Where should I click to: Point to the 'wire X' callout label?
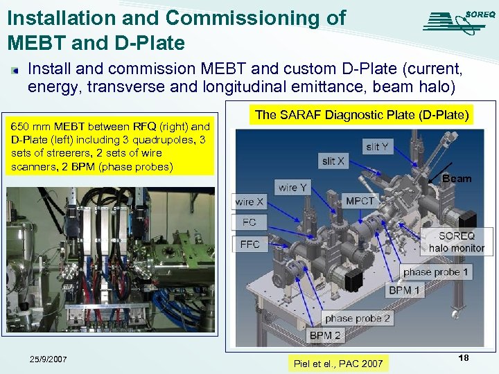(249, 202)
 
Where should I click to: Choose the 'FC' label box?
(249, 222)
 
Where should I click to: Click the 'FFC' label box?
(249, 244)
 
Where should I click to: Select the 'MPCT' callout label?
(360, 201)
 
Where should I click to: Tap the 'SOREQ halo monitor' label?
(456, 242)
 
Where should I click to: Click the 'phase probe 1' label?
(436, 272)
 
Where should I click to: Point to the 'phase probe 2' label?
(357, 319)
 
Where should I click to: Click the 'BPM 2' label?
(325, 336)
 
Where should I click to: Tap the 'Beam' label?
(457, 179)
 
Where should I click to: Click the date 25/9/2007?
(49, 359)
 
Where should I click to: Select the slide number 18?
(464, 357)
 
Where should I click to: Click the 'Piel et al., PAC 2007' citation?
(338, 363)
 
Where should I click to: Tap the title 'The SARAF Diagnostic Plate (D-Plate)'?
(361, 114)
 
